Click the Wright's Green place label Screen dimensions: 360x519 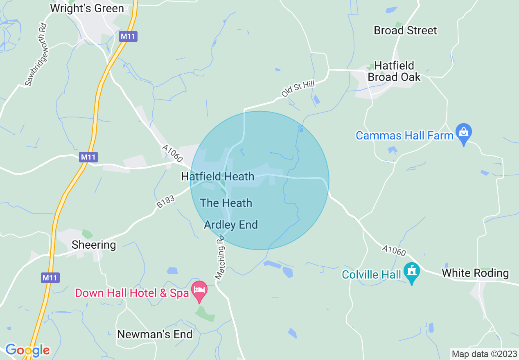click(x=87, y=9)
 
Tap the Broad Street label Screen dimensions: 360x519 click(x=405, y=30)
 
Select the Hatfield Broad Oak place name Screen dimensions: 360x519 click(x=394, y=71)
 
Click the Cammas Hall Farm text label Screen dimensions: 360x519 click(x=404, y=135)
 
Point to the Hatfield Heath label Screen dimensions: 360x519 click(x=218, y=177)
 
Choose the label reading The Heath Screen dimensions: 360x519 click(x=226, y=203)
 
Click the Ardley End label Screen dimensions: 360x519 click(x=231, y=225)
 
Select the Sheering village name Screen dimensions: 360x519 click(x=94, y=245)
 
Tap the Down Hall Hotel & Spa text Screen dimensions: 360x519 click(x=132, y=293)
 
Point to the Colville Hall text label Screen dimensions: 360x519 click(x=372, y=274)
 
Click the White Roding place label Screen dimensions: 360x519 click(x=475, y=273)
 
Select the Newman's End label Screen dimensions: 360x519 click(x=155, y=334)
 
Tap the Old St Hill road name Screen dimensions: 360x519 click(x=298, y=89)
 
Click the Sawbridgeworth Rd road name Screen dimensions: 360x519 click(x=36, y=54)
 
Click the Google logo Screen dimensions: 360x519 click(x=27, y=350)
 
